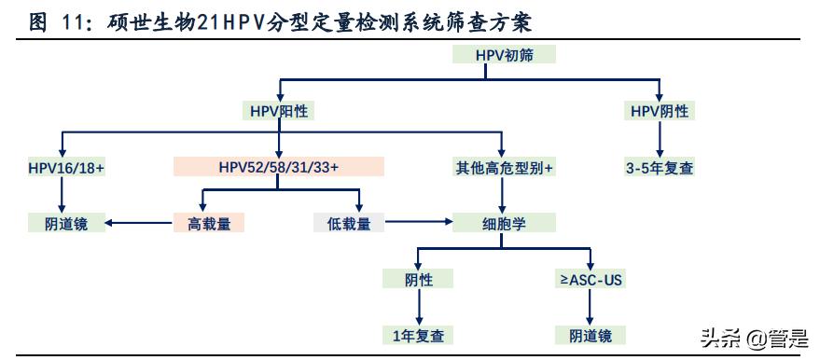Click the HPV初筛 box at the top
pyautogui.click(x=504, y=55)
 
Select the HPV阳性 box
pyautogui.click(x=279, y=111)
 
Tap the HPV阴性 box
pyautogui.click(x=660, y=111)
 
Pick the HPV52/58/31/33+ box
pyautogui.click(x=279, y=168)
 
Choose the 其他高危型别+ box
pyautogui.click(x=504, y=168)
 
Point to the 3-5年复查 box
pyautogui.click(x=660, y=168)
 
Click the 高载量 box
pyautogui.click(x=208, y=224)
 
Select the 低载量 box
pyautogui.click(x=350, y=224)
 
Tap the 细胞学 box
pyautogui.click(x=504, y=224)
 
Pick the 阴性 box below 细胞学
pyautogui.click(x=418, y=279)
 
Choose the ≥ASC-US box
pyautogui.click(x=590, y=279)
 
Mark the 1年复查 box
pyautogui.click(x=418, y=335)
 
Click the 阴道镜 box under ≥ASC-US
pyautogui.click(x=590, y=335)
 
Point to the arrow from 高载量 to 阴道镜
pyautogui.click(x=138, y=224)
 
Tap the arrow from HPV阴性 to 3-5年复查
pyautogui.click(x=660, y=139)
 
